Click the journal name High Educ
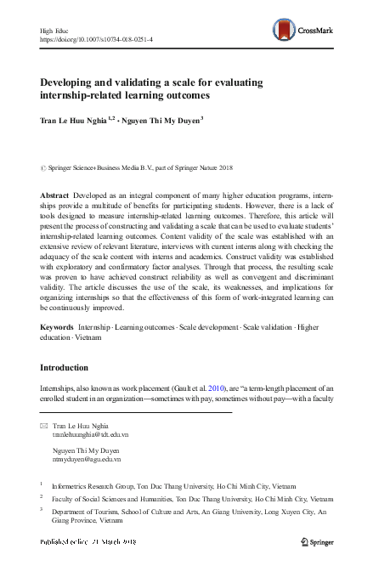pos(53,30)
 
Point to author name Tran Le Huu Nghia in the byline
pos(76,121)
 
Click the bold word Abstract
pos(54,195)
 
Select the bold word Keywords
pos(56,326)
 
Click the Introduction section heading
pos(65,368)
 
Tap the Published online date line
pos(88,541)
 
